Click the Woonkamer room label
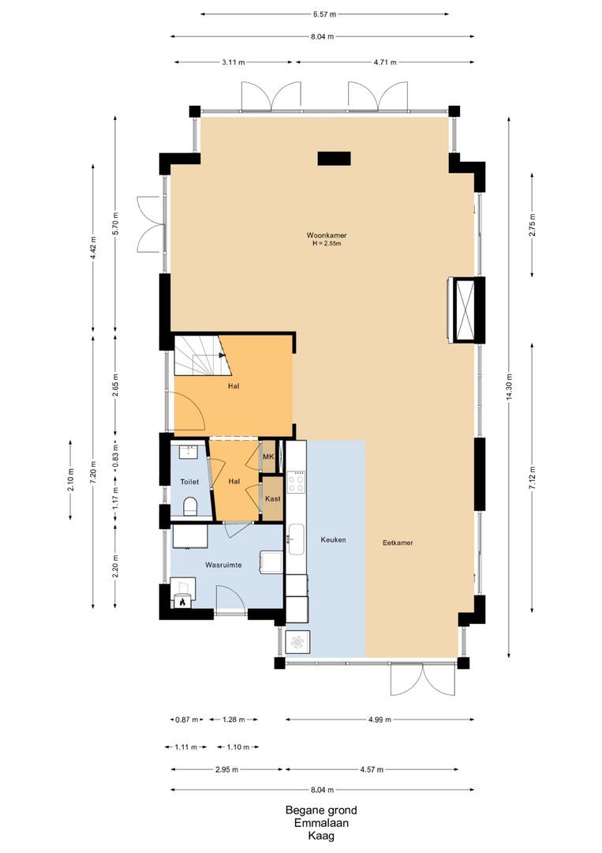(x=327, y=235)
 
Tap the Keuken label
(x=333, y=540)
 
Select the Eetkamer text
(x=398, y=543)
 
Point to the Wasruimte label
(x=223, y=566)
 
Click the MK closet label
(x=268, y=457)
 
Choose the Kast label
(x=272, y=499)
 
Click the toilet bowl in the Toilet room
(x=190, y=506)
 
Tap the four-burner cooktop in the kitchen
(x=297, y=482)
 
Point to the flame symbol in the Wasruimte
(x=182, y=602)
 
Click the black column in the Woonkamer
(x=333, y=159)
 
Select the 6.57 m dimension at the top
(x=324, y=14)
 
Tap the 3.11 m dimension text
(x=234, y=62)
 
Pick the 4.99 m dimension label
(x=380, y=720)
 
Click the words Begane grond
(x=321, y=810)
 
